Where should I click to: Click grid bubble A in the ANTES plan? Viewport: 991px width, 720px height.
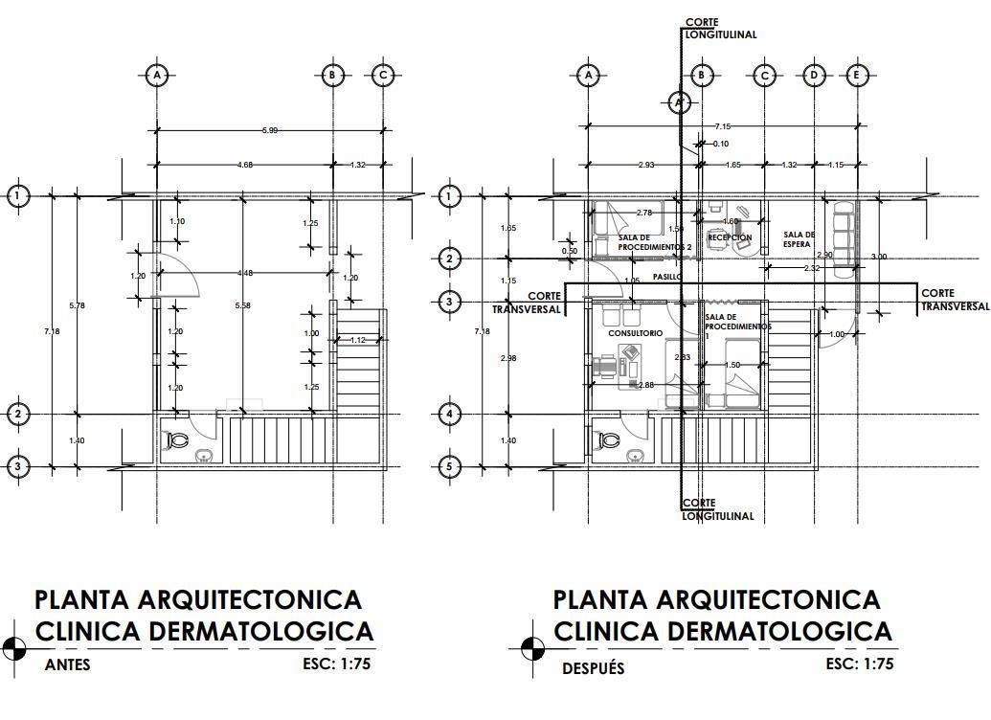[x=157, y=75]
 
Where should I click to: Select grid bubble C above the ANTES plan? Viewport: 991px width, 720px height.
[x=383, y=75]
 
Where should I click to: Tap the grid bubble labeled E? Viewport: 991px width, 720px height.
[x=857, y=75]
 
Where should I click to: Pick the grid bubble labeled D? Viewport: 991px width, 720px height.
[x=814, y=75]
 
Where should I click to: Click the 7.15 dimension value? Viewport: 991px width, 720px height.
[x=722, y=126]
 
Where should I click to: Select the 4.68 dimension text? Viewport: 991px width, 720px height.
[x=245, y=165]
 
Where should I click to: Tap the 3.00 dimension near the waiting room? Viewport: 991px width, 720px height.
[x=878, y=257]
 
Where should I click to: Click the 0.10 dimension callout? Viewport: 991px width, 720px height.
[x=720, y=144]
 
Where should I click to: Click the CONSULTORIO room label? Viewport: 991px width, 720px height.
[x=635, y=333]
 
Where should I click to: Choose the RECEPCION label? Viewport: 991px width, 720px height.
[x=730, y=237]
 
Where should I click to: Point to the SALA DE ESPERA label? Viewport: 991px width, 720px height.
[x=799, y=239]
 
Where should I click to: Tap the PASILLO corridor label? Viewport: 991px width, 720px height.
[x=668, y=276]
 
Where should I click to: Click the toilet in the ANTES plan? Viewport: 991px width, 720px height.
[x=178, y=440]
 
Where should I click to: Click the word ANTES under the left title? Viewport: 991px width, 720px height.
[x=68, y=664]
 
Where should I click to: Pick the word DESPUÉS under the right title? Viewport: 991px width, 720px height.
[x=593, y=668]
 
